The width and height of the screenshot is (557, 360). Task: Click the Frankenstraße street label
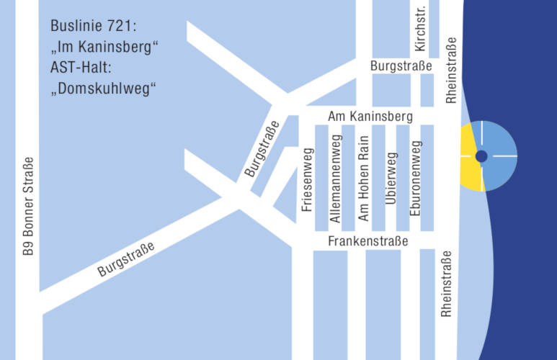[367, 241]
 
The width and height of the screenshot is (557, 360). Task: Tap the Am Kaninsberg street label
[370, 116]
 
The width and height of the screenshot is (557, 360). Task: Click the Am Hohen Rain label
[364, 178]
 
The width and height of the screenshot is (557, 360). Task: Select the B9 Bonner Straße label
[28, 206]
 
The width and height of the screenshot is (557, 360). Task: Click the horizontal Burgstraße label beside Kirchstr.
[401, 66]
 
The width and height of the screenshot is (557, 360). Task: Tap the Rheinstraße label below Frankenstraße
[447, 284]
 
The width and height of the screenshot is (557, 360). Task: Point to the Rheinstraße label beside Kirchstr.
[452, 70]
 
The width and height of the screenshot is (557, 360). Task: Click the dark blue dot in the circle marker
[482, 156]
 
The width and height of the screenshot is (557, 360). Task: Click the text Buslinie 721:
[93, 27]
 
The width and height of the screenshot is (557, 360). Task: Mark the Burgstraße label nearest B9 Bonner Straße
[127, 260]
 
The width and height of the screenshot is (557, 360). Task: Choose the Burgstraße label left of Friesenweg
[261, 149]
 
